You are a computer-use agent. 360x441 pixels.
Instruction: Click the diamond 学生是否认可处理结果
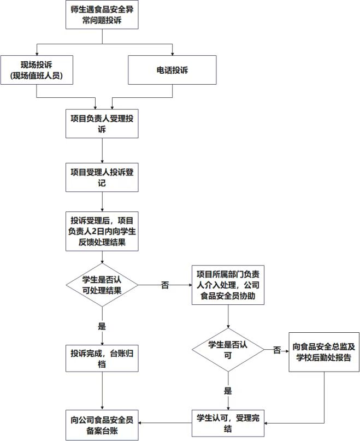[102, 284]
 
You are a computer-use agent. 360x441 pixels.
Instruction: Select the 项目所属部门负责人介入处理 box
[228, 285]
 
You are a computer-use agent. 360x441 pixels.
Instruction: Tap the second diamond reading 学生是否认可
[228, 350]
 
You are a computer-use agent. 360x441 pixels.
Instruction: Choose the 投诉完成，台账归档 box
[102, 358]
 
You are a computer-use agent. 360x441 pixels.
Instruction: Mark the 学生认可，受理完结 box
[228, 422]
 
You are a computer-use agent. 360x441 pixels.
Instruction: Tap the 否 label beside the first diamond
[165, 285]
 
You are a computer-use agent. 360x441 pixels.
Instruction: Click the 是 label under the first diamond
[102, 326]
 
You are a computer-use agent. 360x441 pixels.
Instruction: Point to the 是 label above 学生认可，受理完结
[228, 391]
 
